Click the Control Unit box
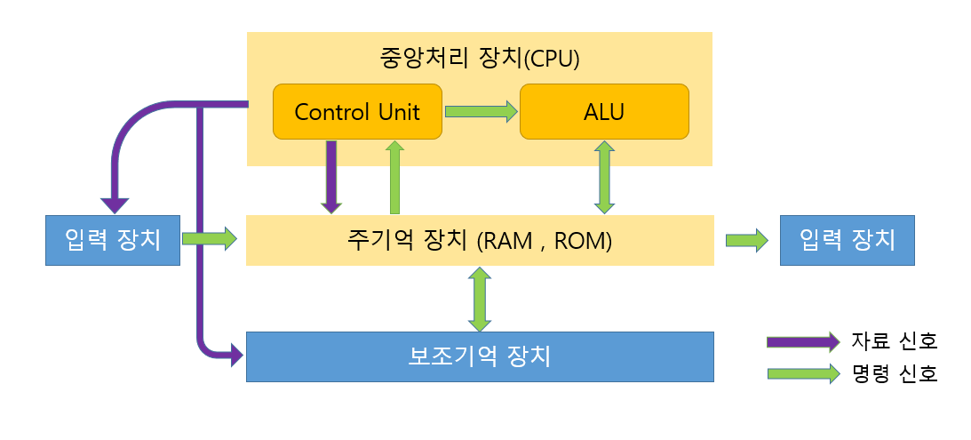point(357,111)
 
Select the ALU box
point(604,111)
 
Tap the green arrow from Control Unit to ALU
point(482,111)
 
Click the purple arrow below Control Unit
point(332,177)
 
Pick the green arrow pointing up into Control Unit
point(394,177)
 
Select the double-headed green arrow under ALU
point(604,177)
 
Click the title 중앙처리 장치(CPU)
point(480,59)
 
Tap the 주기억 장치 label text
point(407,240)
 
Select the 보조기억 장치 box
point(480,357)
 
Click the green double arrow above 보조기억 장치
point(480,300)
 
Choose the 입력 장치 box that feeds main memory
point(113,241)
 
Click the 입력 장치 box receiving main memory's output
point(848,241)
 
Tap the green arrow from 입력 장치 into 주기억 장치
point(210,238)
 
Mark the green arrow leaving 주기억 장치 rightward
point(747,241)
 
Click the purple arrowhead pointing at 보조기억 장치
point(236,356)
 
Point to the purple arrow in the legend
point(803,342)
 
